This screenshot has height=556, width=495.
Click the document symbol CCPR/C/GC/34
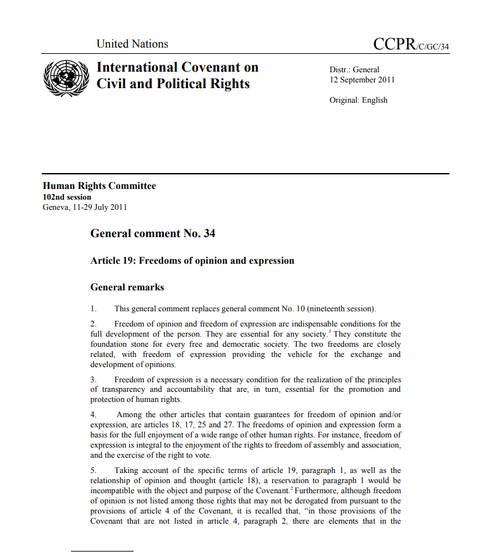411,44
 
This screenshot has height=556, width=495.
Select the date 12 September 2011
362,80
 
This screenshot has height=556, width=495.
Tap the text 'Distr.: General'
354,70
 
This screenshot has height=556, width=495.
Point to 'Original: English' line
358,100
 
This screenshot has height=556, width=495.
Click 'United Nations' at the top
132,44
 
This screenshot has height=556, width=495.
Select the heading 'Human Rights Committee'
99,186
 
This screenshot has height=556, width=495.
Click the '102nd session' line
66,197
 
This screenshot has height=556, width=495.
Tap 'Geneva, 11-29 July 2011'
84,207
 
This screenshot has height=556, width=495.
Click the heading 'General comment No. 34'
153,233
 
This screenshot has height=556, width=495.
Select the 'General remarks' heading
127,287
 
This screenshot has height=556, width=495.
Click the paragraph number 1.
93,309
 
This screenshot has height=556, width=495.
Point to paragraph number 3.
93,380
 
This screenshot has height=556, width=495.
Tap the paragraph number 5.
93,470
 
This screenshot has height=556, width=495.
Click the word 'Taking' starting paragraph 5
127,470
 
